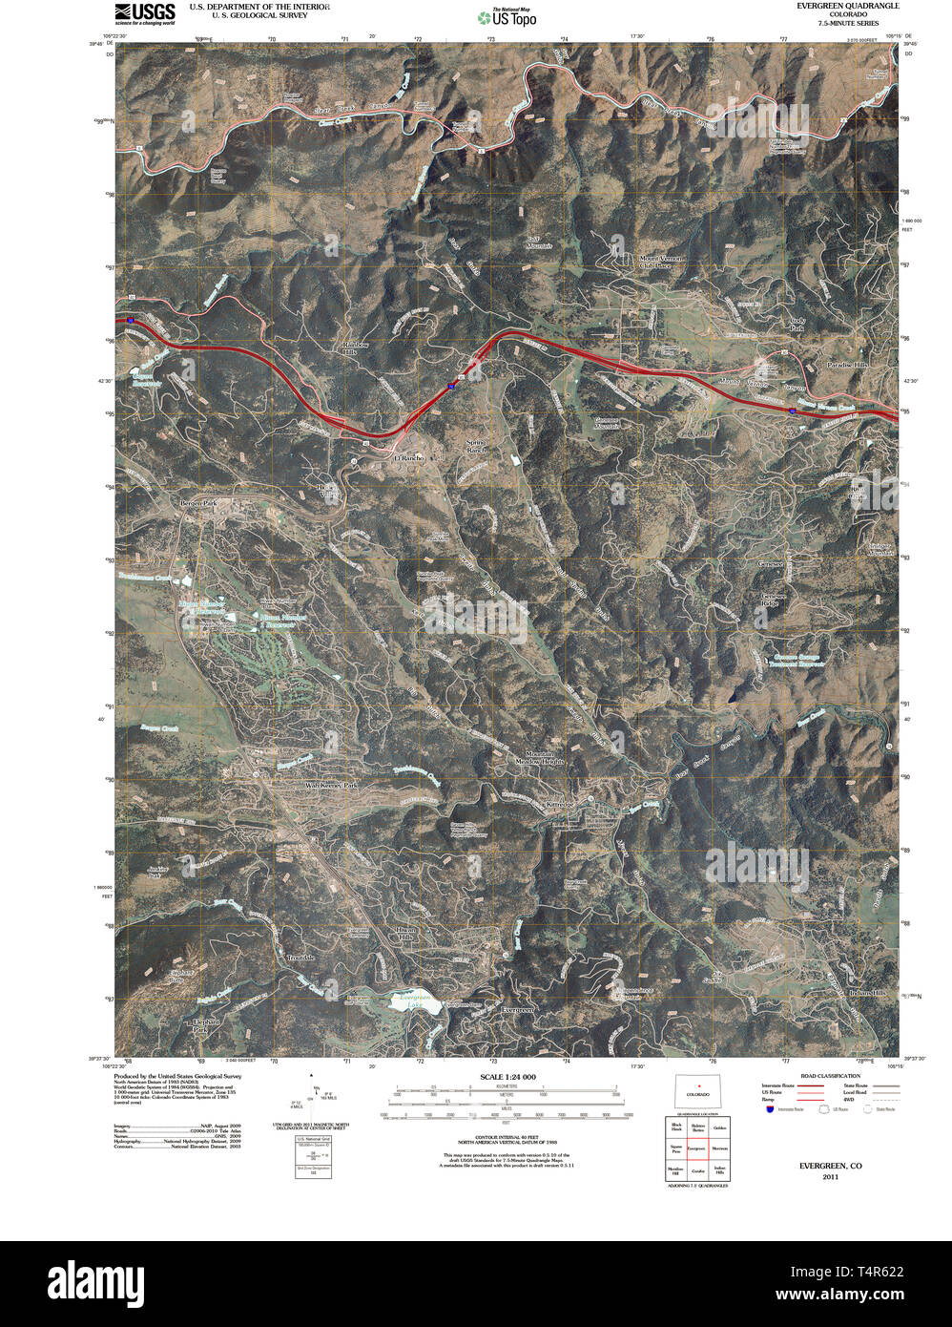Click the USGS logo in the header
coord(144,13)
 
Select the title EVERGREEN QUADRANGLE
coord(848,6)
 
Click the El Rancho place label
coord(409,458)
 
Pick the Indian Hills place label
coord(867,993)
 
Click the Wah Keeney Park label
coord(331,785)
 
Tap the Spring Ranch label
coord(476,447)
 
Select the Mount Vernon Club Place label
coord(662,262)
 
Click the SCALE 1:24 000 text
coord(507,1077)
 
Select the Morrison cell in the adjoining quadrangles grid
coord(719,1148)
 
